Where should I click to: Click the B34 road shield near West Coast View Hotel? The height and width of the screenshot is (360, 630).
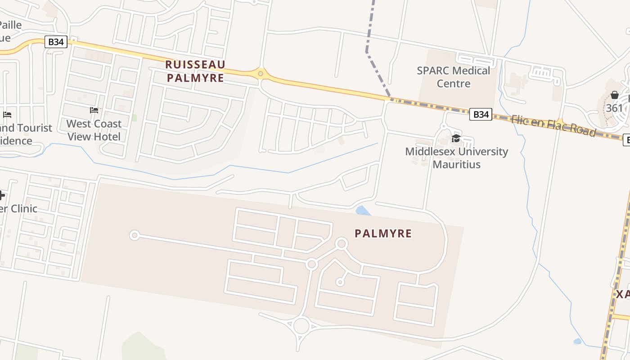56,42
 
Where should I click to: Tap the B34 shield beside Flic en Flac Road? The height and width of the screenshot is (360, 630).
481,114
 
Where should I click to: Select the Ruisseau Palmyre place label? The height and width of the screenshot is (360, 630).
195,71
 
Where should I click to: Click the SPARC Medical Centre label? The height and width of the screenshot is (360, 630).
453,77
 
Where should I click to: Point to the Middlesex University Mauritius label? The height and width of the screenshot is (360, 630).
456,157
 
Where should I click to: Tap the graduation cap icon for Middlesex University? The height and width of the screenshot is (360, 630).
456,138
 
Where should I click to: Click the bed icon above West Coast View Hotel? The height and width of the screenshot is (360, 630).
94,110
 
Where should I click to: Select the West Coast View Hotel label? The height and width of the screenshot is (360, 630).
94,130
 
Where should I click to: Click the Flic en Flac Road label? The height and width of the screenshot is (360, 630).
553,126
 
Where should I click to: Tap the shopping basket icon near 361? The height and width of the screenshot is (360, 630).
614,95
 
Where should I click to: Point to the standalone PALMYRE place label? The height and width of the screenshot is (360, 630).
383,233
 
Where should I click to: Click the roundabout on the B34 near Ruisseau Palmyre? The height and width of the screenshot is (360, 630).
260,73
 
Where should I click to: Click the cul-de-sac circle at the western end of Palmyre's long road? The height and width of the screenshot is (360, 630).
134,235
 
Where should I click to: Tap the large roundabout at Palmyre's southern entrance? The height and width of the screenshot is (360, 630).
301,325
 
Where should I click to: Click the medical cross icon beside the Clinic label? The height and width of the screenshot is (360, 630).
2,195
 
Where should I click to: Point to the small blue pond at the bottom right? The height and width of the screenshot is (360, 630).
577,342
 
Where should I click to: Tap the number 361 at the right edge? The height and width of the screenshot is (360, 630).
614,108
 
